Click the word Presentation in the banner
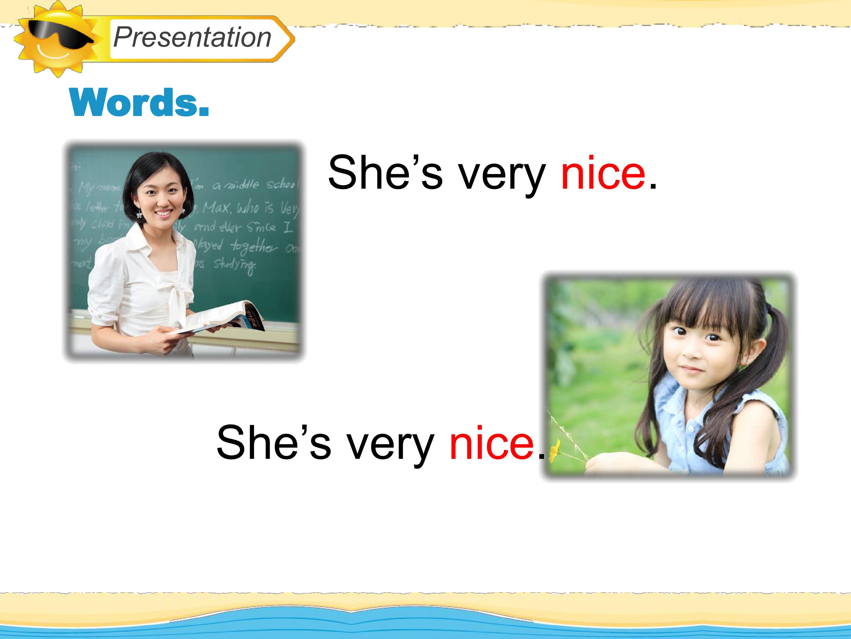192,37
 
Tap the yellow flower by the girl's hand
554,451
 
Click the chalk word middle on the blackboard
242,185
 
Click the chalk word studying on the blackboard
234,265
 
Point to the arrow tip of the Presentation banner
293,38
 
